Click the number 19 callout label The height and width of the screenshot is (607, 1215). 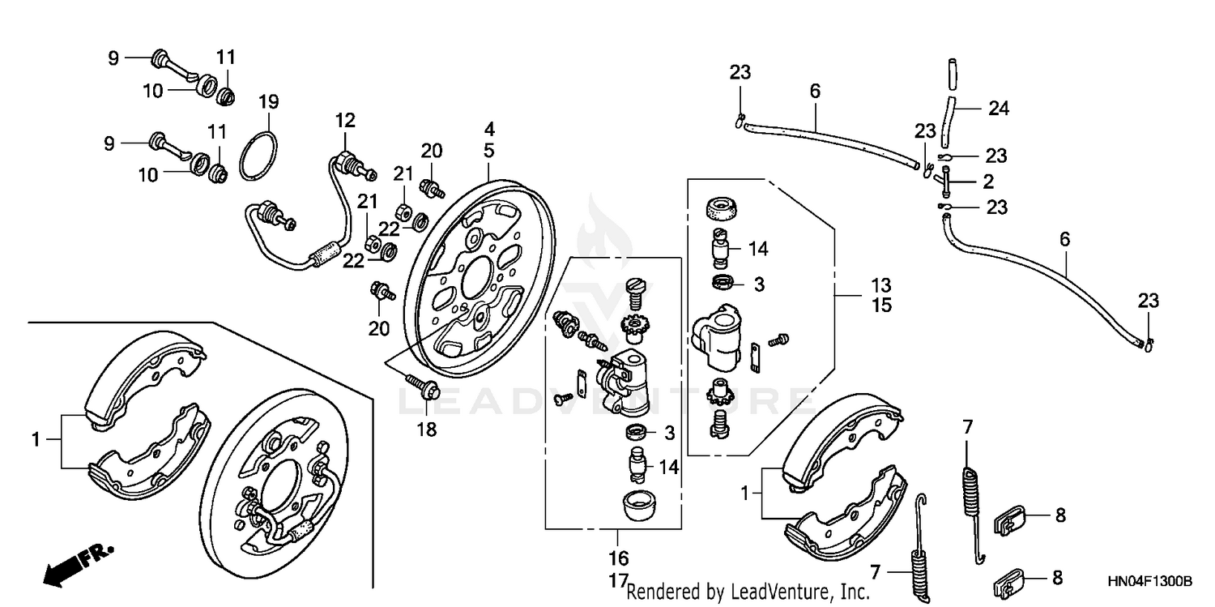pyautogui.click(x=268, y=102)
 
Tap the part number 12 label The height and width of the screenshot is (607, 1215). pyautogui.click(x=346, y=121)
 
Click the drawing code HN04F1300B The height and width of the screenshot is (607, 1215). pyautogui.click(x=1149, y=582)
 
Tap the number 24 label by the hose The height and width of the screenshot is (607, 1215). pyautogui.click(x=999, y=108)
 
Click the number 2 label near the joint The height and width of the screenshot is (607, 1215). pyautogui.click(x=987, y=181)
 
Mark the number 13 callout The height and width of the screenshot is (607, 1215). pyautogui.click(x=881, y=285)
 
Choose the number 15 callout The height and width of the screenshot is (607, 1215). pyautogui.click(x=881, y=306)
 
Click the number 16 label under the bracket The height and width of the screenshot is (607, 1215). pyautogui.click(x=617, y=558)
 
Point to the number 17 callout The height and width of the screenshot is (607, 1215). pyautogui.click(x=617, y=580)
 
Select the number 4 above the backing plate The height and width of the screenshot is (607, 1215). pyautogui.click(x=489, y=129)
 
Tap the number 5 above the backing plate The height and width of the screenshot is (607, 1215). pyautogui.click(x=489, y=149)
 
